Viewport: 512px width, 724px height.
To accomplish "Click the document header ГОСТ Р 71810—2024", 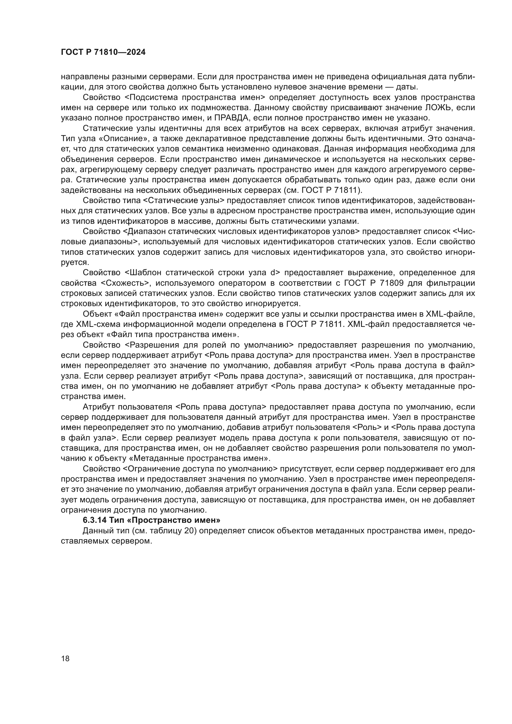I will click(x=103, y=52).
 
